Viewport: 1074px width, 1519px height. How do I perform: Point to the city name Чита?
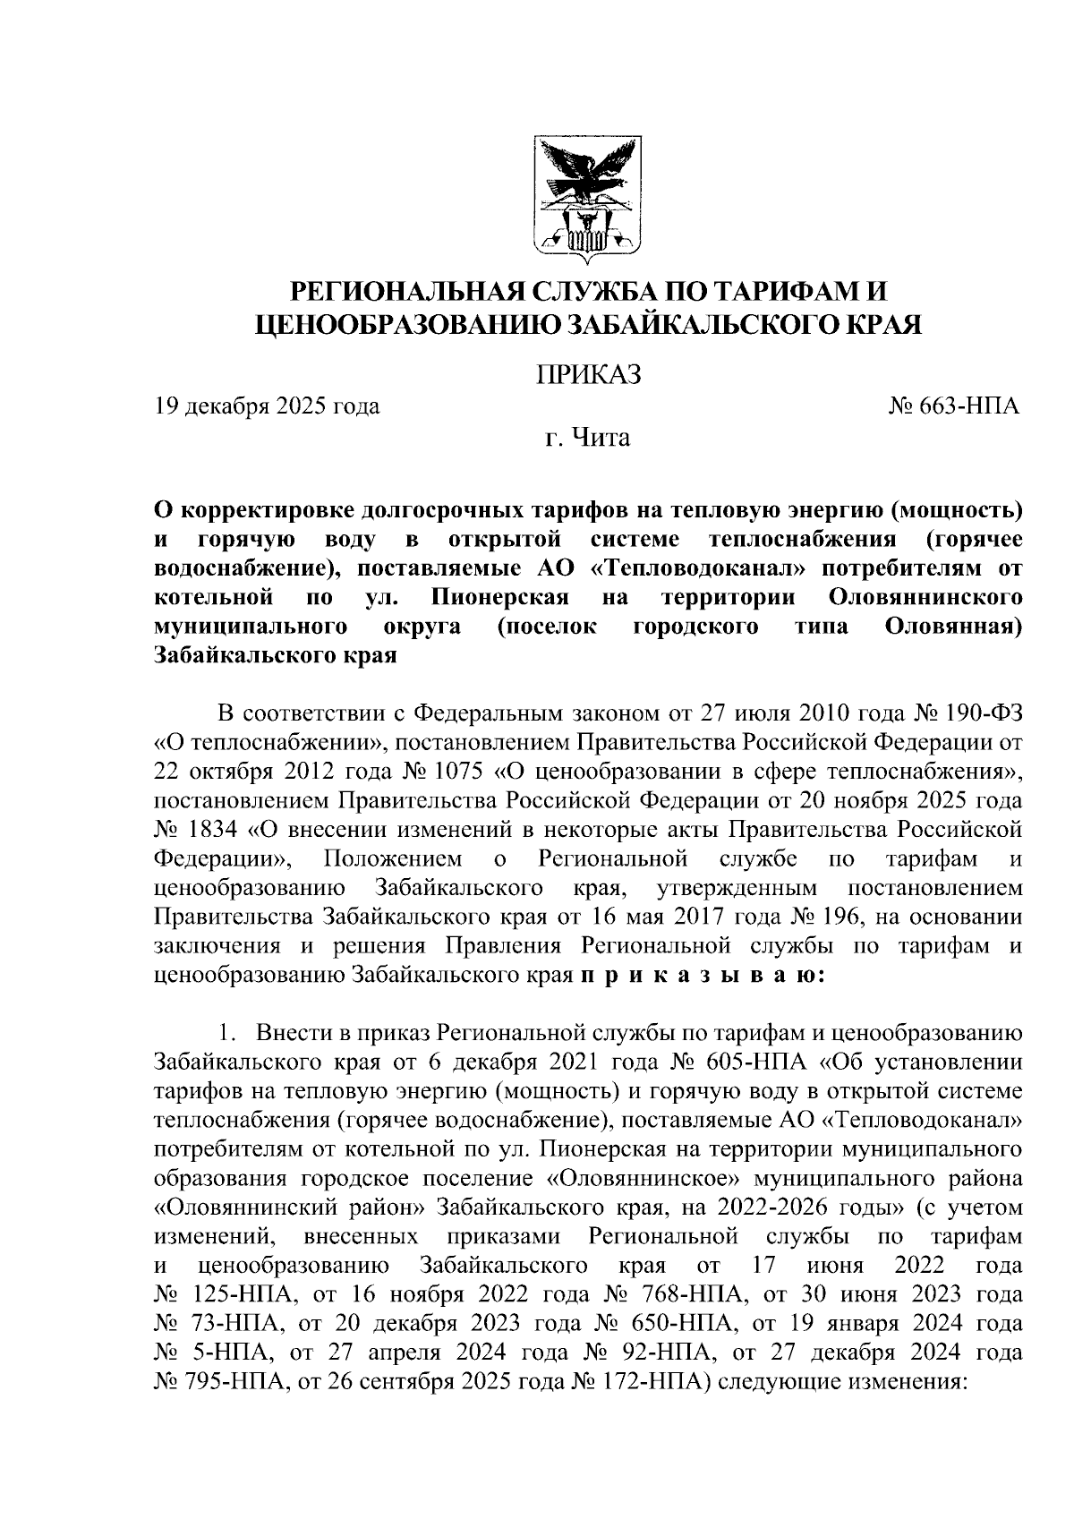(x=601, y=439)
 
